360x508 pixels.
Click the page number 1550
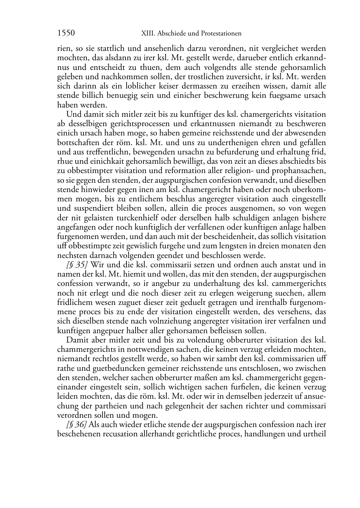pos(66,33)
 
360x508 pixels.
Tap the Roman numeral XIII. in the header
pos(147,34)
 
